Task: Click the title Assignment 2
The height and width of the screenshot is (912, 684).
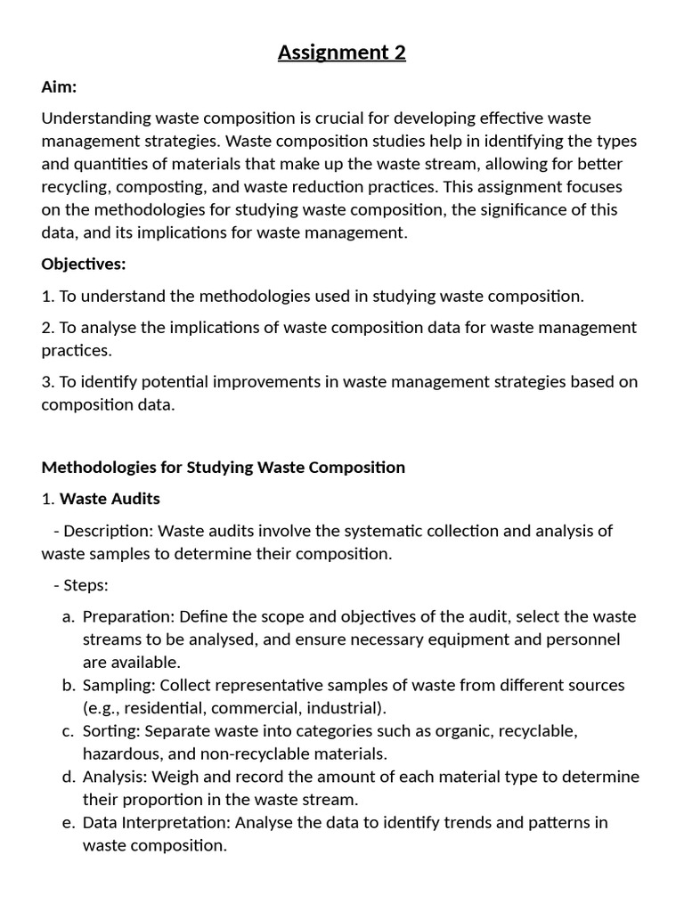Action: pyautogui.click(x=342, y=53)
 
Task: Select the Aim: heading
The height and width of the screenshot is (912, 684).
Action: pyautogui.click(x=60, y=86)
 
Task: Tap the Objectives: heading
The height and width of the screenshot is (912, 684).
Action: pyautogui.click(x=84, y=265)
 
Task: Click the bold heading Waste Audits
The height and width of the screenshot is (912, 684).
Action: pyautogui.click(x=110, y=499)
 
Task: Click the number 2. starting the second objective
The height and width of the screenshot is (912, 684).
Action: pyautogui.click(x=48, y=328)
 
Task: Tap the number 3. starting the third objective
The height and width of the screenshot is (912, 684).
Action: pyautogui.click(x=48, y=382)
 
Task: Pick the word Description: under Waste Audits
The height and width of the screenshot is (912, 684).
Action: pyautogui.click(x=109, y=532)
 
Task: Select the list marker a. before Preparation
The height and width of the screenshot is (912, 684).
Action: pyautogui.click(x=69, y=617)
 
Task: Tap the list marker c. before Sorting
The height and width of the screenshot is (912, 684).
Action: pyautogui.click(x=69, y=731)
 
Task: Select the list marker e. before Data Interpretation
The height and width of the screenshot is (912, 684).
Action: pyautogui.click(x=69, y=823)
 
